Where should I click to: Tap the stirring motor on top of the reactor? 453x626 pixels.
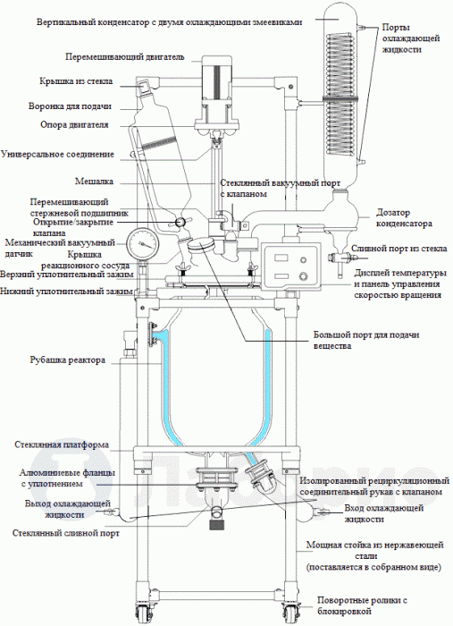[217, 80]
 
